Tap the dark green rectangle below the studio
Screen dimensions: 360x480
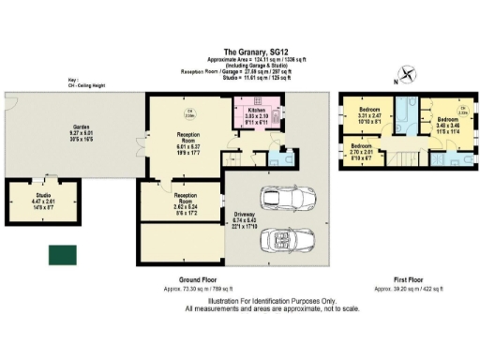tap(65, 254)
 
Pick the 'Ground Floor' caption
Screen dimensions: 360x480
tap(198, 280)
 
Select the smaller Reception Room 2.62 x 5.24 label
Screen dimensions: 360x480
tap(165, 201)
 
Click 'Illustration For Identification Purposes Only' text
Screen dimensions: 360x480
tap(240, 300)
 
